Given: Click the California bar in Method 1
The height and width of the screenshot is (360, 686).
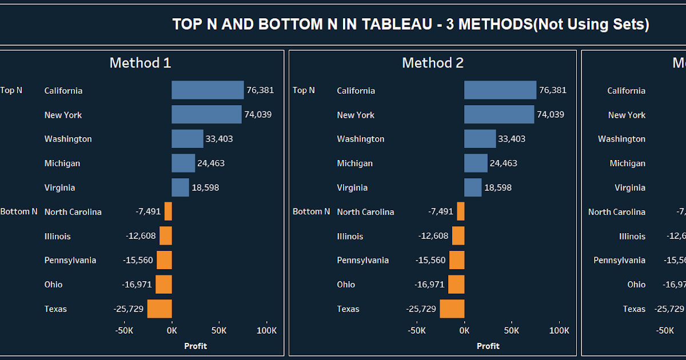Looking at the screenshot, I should pos(208,90).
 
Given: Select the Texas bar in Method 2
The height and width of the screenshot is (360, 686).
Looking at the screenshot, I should pos(452,309).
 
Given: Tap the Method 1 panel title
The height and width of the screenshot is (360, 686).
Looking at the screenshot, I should pos(140,63).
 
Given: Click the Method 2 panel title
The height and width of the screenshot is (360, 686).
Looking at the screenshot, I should pos(433,63).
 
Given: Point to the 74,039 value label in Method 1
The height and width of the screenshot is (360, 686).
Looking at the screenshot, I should pos(258,115).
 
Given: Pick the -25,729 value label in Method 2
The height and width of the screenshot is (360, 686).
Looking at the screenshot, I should pos(421,309).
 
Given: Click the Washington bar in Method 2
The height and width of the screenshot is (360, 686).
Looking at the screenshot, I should pos(480,139).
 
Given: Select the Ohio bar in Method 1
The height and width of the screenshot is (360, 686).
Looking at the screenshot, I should pos(163,285).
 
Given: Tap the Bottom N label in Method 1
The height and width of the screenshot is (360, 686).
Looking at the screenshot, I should pos(19,211).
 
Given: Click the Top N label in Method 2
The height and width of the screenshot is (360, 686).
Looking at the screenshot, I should pos(304,90).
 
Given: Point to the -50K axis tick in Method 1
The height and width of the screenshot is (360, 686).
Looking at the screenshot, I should pos(124,330).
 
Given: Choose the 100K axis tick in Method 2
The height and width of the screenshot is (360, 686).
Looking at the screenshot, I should pos(559,330).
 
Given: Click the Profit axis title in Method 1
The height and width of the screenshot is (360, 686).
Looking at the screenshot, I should pos(196,346).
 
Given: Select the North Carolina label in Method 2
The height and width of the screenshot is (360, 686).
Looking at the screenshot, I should pos(365,212).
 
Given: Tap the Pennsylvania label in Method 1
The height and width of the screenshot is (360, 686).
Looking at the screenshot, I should pos(70,261).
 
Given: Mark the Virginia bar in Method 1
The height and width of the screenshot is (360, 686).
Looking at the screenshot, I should pos(180,187).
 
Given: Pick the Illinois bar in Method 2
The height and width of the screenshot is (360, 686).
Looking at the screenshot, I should pos(458,236).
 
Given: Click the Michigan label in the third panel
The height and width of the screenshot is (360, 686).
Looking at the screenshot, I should pos(627,163).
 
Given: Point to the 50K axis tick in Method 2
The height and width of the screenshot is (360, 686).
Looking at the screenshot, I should pos(512,330).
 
